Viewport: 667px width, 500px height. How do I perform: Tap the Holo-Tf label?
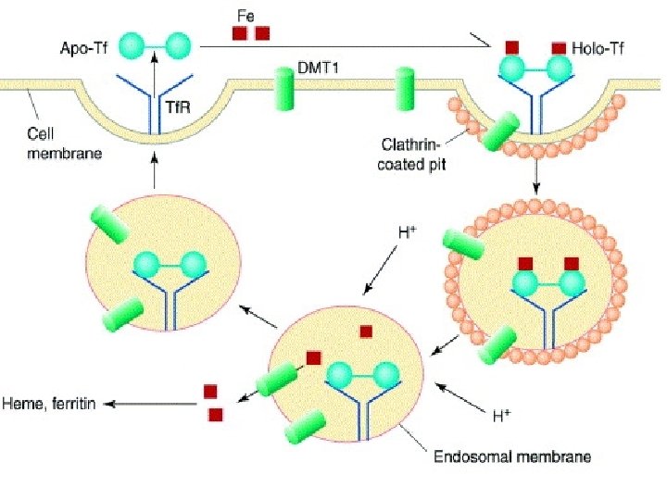(598, 48)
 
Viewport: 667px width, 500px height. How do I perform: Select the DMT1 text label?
(317, 68)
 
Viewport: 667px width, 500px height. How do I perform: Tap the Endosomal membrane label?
(511, 456)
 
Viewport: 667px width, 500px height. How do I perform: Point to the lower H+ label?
(501, 416)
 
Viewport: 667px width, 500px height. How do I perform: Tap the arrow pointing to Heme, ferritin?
(148, 404)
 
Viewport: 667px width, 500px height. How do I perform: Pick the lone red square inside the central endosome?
(366, 331)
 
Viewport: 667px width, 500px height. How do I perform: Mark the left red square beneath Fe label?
(239, 34)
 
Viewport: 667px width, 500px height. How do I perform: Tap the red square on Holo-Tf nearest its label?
(559, 47)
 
